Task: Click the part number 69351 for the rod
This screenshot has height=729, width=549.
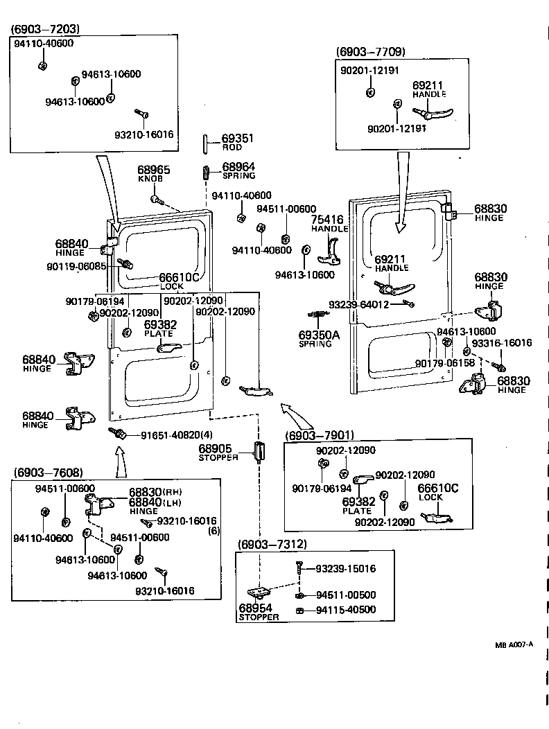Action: point(237,139)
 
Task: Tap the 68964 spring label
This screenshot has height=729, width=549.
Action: point(238,167)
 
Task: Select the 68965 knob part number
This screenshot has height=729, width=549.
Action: point(153,170)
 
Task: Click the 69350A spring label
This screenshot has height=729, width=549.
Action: point(319,335)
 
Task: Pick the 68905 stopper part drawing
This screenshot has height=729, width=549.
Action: point(259,452)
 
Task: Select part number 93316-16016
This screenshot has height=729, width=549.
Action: point(502,343)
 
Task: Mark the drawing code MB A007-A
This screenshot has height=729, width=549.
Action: point(514,644)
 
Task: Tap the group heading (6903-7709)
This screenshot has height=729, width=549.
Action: point(371,52)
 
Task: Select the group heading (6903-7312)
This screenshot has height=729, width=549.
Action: point(272,544)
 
